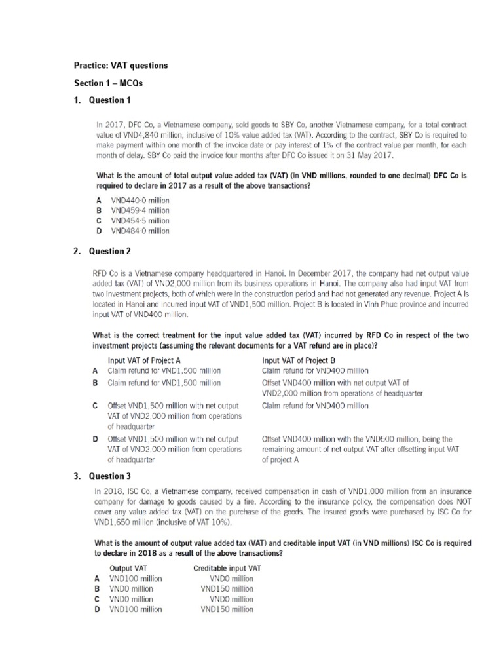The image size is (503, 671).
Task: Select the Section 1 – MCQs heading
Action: point(107,84)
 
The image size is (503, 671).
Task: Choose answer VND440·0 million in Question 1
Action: point(140,200)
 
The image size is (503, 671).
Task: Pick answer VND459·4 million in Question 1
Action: point(140,210)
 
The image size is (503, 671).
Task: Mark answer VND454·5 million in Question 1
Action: point(140,221)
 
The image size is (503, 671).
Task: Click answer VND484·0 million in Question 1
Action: point(140,231)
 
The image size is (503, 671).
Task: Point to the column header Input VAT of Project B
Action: point(299,360)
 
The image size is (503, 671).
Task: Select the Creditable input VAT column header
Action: point(227,568)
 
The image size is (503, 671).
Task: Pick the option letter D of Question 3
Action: point(97,609)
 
